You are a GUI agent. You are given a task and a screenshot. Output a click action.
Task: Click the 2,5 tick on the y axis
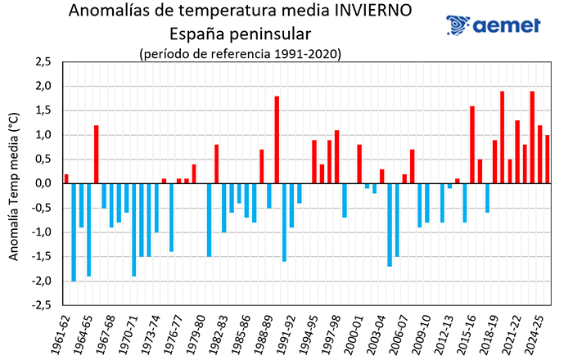[x=41, y=62]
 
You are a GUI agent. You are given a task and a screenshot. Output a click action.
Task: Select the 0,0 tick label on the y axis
[x=41, y=184]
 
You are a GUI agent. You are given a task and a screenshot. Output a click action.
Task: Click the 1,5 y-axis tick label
[x=41, y=110]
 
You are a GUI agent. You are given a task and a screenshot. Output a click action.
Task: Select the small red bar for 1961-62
[x=66, y=178]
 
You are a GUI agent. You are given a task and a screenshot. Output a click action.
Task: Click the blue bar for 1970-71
[x=134, y=230]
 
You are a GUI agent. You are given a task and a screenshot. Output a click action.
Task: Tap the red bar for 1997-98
[x=336, y=157]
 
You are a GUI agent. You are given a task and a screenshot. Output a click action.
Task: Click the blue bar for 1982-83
[x=224, y=208]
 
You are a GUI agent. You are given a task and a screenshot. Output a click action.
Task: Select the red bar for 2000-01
[x=359, y=164]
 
